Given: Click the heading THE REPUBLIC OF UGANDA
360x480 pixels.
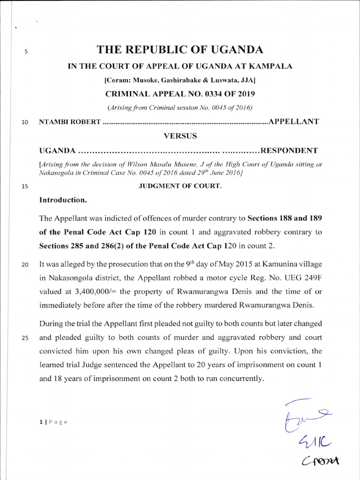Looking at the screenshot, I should point(180,50).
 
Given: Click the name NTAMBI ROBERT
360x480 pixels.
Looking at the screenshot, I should point(70,122).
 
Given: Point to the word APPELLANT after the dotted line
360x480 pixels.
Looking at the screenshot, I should point(293,122).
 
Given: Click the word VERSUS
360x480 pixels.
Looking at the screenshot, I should point(180,136).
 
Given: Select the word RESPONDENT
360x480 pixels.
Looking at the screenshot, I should point(289,150).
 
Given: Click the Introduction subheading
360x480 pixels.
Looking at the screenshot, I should point(63,200).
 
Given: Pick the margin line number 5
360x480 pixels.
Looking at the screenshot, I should point(26,52).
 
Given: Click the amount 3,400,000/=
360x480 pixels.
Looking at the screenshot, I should point(95,291).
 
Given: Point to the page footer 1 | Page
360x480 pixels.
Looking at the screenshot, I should point(53,422).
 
